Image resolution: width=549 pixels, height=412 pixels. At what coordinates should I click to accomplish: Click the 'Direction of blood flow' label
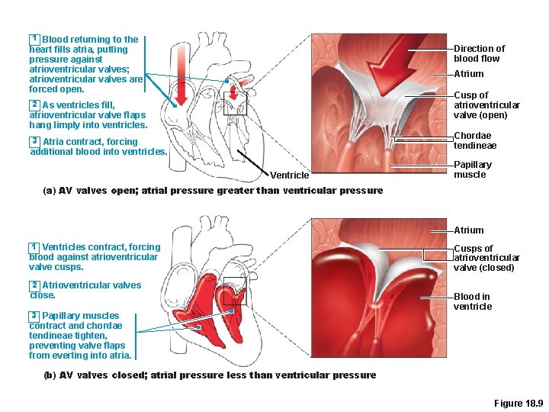point(479,53)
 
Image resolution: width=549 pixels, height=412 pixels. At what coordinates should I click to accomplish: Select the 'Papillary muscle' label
point(473,169)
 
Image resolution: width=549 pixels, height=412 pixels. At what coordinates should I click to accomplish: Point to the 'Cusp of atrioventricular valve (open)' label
point(486,105)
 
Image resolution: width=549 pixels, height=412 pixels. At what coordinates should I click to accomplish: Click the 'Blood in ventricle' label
point(473,301)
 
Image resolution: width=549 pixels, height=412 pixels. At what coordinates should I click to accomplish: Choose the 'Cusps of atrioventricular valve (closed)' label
point(486,258)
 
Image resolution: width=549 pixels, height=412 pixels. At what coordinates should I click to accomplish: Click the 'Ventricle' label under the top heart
point(290,175)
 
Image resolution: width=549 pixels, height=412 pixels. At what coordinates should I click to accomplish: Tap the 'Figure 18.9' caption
point(518,402)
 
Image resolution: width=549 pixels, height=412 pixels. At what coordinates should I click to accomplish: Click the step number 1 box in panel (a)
point(34,39)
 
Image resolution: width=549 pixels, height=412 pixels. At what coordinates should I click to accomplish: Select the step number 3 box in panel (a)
point(34,141)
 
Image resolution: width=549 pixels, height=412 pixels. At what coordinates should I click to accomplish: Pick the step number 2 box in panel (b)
point(34,285)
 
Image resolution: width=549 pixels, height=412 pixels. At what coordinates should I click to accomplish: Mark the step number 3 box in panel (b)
point(34,315)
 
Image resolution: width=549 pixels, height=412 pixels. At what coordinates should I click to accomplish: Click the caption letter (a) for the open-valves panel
point(50,191)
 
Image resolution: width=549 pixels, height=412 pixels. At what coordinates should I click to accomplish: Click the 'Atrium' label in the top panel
point(468,74)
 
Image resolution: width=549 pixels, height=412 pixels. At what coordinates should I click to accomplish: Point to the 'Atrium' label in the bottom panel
point(468,230)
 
